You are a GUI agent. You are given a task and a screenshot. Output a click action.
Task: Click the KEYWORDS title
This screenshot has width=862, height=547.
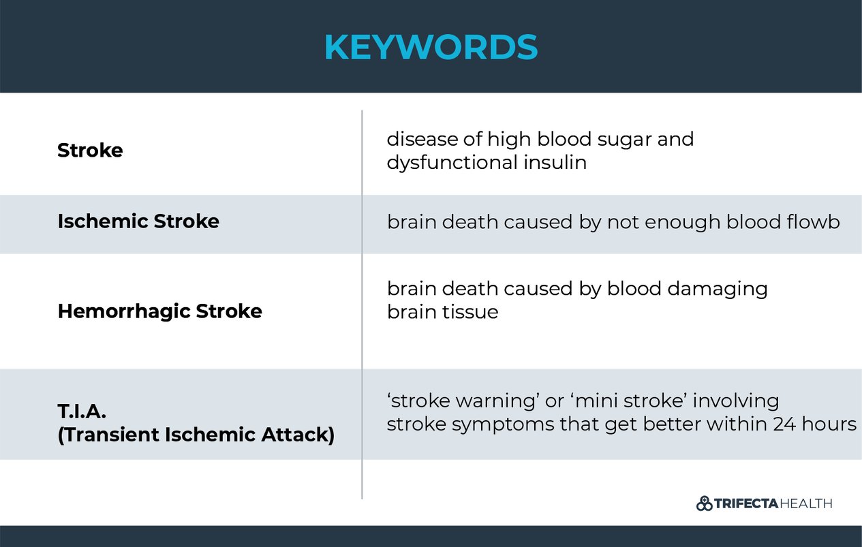[x=431, y=47]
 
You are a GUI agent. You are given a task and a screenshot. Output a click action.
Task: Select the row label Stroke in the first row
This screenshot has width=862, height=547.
[x=90, y=151]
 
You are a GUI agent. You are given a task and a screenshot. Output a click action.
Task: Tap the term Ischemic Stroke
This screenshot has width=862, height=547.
[x=138, y=221]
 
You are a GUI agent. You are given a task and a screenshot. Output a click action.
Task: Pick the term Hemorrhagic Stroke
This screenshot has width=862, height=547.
[x=159, y=311]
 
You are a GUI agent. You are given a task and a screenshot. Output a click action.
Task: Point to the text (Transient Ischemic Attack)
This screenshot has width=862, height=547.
[x=196, y=435]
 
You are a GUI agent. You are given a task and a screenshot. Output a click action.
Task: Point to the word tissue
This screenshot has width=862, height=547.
[x=470, y=312]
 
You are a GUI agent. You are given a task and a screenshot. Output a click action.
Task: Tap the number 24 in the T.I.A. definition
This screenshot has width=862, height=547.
[x=784, y=424]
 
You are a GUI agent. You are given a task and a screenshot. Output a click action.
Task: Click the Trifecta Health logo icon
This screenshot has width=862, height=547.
[x=704, y=504]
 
